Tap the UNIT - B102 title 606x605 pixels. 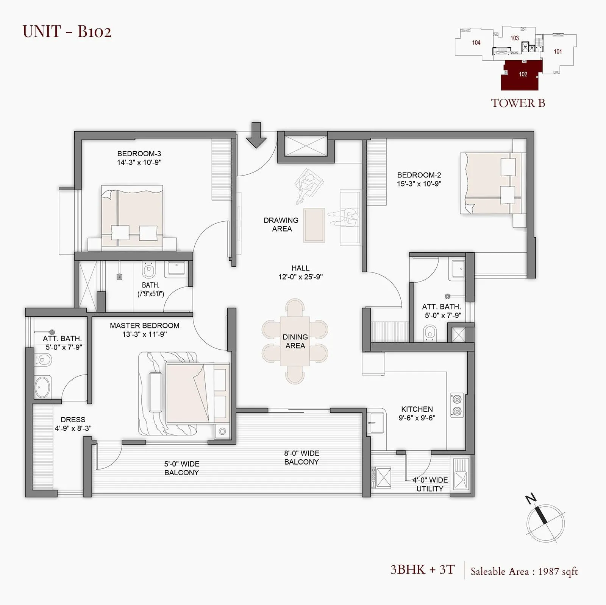67,31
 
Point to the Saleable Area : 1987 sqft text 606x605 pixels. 524,571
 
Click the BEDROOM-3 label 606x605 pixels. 139,154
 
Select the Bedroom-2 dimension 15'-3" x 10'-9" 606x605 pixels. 419,184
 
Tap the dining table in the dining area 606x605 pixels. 295,341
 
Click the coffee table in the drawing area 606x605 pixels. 314,225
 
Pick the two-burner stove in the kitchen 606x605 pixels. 457,405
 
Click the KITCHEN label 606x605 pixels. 417,409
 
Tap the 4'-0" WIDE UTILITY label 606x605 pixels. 430,484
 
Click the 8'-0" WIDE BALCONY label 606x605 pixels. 301,457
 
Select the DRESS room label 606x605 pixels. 73,420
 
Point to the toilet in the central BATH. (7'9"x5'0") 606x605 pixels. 149,271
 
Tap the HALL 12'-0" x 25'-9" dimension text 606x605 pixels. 300,277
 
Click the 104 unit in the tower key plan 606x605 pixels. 476,43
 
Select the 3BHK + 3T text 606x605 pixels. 422,570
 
